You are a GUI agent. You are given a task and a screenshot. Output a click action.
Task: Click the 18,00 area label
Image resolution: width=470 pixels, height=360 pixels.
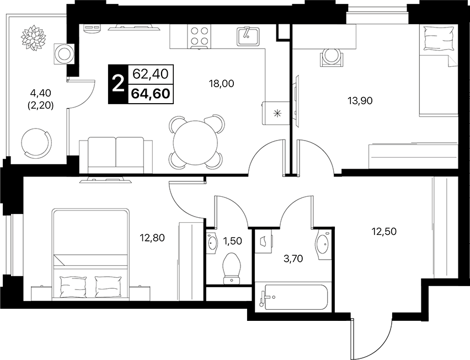222,84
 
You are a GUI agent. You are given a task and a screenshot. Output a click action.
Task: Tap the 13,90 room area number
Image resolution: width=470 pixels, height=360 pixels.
360,101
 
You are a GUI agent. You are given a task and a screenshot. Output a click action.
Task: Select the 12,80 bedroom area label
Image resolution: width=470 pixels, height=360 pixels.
152,238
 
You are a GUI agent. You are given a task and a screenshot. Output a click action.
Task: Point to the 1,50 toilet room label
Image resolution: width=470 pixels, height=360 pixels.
233,240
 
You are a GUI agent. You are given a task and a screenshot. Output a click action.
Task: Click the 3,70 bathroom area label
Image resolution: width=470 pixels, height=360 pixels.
293,258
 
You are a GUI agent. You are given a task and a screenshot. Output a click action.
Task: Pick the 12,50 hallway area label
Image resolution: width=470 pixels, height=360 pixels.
384,231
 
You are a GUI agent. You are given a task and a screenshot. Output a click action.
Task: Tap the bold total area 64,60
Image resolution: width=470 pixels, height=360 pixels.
151,94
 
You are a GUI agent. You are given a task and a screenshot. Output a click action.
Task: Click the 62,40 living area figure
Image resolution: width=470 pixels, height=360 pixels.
151,74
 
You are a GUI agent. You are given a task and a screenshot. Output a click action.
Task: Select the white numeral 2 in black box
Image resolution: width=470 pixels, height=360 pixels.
118,84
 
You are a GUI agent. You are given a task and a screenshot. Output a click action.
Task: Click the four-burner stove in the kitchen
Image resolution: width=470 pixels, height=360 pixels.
199,36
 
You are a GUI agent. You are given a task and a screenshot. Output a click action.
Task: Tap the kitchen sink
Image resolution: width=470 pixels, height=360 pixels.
248,36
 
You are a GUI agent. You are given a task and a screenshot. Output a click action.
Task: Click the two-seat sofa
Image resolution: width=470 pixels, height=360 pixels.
116,155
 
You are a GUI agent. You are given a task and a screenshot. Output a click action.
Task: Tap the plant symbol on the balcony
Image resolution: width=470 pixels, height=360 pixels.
33,38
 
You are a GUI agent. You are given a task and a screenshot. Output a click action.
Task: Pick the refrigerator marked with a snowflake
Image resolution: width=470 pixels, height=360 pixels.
276,113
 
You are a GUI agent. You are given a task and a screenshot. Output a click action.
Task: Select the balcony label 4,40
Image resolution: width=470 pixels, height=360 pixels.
41,93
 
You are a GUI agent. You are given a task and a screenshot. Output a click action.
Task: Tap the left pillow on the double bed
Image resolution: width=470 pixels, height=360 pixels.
73,286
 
